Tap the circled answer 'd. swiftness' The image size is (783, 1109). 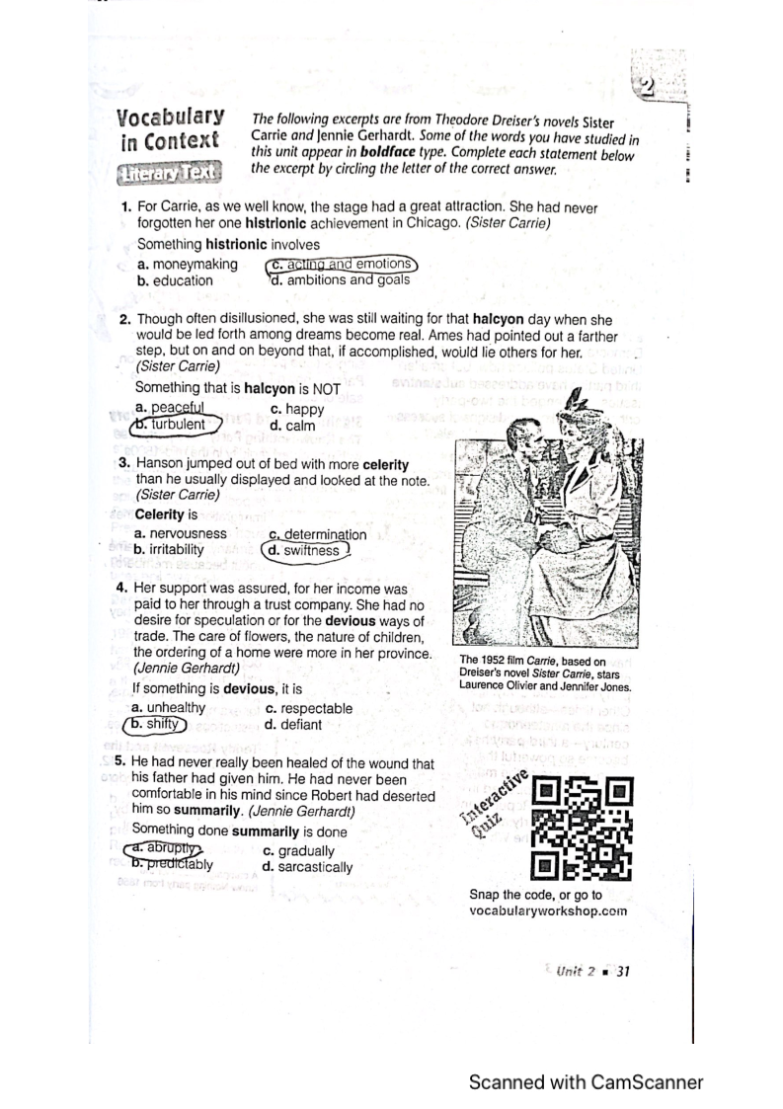[305, 550]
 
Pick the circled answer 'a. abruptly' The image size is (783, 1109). [162, 849]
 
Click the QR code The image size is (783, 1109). [582, 828]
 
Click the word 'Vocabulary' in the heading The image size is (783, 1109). [170, 118]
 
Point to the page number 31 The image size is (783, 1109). [622, 972]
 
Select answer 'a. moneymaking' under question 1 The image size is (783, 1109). [188, 264]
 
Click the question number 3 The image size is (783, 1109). [124, 462]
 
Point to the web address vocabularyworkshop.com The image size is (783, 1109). [548, 911]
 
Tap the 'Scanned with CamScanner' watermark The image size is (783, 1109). [586, 1081]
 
